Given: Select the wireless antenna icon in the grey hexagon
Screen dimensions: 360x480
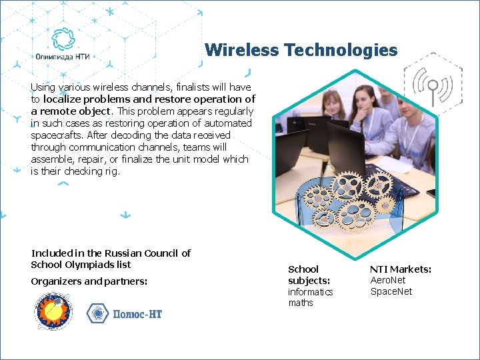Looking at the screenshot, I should [432, 85].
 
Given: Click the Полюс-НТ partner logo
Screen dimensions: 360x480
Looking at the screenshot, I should [125, 313].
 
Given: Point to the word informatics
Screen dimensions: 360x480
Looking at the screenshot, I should [310, 292].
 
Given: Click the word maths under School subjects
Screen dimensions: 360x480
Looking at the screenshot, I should [300, 303].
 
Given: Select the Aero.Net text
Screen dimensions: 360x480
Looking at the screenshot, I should [387, 281].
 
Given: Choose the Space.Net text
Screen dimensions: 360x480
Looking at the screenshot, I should [391, 291].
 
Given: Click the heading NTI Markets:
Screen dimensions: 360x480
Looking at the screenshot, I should [401, 269].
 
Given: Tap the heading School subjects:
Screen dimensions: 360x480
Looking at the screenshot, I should [309, 275].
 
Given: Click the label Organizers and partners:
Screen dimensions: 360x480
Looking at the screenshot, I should [89, 281].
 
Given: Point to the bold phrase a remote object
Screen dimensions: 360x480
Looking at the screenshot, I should [71, 111].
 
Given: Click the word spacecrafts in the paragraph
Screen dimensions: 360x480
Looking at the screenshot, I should [54, 135].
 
